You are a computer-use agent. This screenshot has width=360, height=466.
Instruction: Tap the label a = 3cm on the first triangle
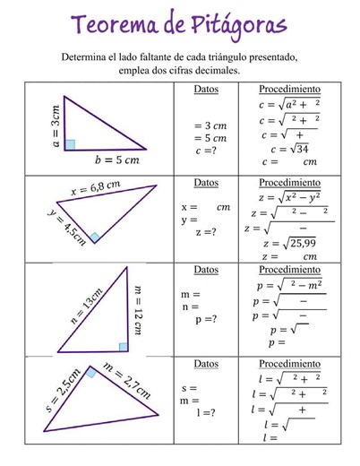pyautogui.click(x=56, y=125)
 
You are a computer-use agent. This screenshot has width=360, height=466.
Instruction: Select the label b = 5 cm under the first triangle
pyautogui.click(x=117, y=160)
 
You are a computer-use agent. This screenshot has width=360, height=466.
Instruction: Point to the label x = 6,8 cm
pyautogui.click(x=95, y=189)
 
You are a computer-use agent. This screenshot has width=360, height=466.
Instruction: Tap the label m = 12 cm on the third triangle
pyautogui.click(x=138, y=309)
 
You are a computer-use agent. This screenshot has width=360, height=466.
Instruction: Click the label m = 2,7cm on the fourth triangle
pyautogui.click(x=126, y=381)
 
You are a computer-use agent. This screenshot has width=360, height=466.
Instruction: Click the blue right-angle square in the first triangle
pyautogui.click(x=70, y=144)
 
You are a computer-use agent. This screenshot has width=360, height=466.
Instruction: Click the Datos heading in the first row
pyautogui.click(x=206, y=90)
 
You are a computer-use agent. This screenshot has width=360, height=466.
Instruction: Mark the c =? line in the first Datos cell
pyautogui.click(x=205, y=152)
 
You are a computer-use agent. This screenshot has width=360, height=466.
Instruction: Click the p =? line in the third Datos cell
pyautogui.click(x=205, y=319)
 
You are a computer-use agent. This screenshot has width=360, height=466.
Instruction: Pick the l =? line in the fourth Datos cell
pyautogui.click(x=206, y=412)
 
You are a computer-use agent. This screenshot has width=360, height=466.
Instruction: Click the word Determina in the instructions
pyautogui.click(x=90, y=56)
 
